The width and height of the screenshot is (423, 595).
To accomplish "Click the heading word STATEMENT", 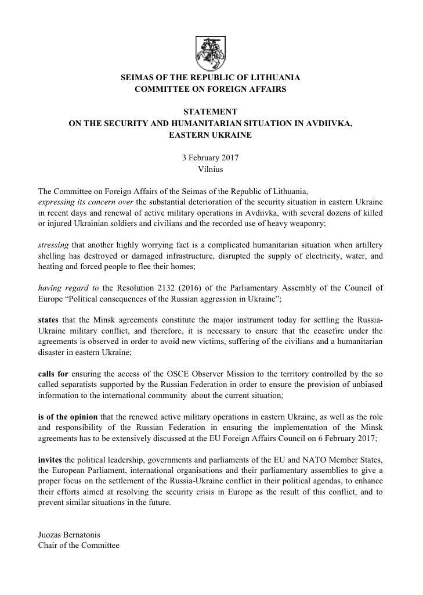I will (210, 111).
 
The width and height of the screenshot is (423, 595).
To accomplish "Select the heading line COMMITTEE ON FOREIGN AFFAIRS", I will (210, 89).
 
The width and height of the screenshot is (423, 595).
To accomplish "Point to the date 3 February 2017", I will (210, 157).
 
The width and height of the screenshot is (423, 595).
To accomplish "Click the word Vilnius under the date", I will (210, 169).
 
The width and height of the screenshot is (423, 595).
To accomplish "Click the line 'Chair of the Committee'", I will (78, 546).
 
